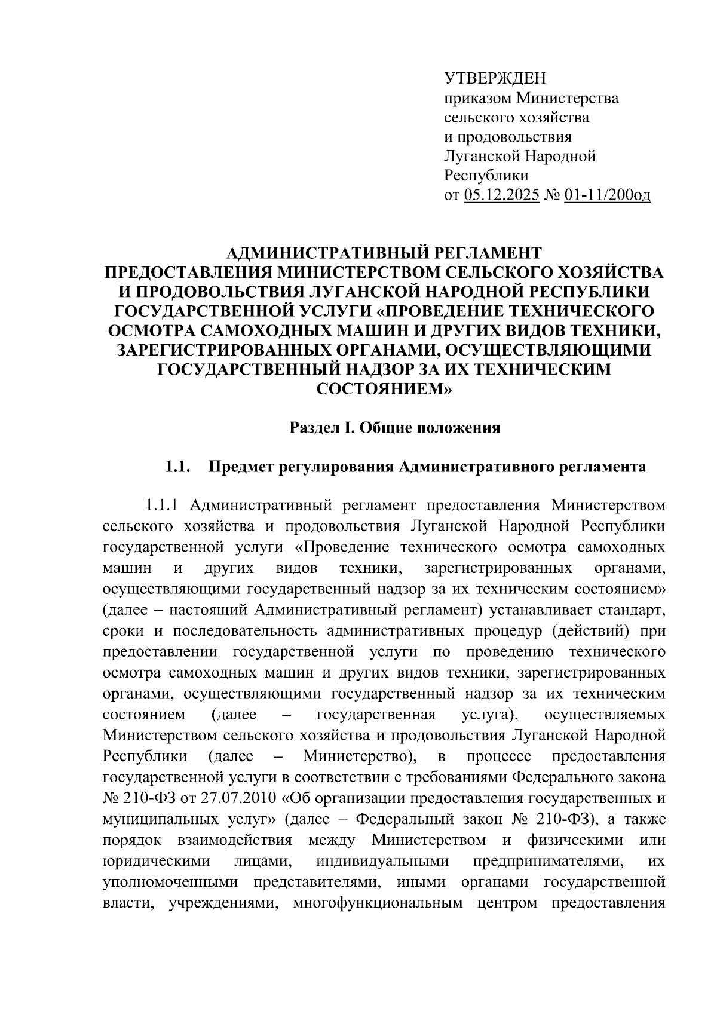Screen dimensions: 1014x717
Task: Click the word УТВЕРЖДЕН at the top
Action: (495, 79)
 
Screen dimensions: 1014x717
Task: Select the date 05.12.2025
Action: (501, 195)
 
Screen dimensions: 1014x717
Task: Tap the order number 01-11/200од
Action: (606, 195)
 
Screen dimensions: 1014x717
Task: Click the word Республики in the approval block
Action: (486, 176)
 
